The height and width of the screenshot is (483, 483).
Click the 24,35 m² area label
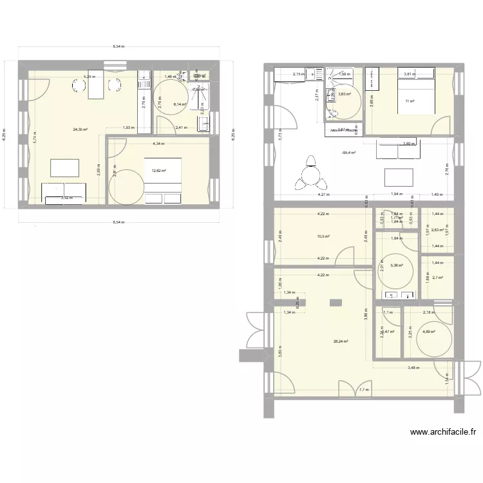tap(80, 129)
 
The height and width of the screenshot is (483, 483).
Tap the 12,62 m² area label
tap(158, 171)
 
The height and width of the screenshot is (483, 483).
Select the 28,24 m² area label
tap(341, 341)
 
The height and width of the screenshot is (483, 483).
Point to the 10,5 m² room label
tap(323, 236)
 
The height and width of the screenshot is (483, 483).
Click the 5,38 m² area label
tap(397, 265)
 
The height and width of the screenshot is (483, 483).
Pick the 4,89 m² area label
tap(429, 332)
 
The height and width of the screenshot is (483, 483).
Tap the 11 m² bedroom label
tap(410, 101)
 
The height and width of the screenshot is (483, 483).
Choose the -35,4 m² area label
tap(348, 153)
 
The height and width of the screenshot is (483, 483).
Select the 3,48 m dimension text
tap(413, 368)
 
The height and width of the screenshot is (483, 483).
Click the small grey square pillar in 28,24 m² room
tap(335, 302)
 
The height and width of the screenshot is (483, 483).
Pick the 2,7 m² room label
tap(438, 278)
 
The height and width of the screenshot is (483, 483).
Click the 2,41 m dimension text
tap(181, 128)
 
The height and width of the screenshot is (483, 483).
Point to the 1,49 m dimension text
tap(438, 194)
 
